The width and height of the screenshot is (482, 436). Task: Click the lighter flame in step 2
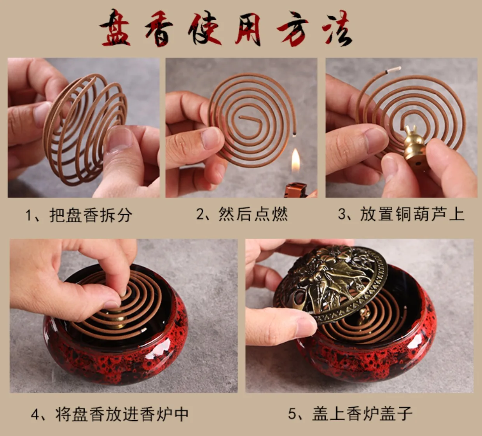click(296, 160)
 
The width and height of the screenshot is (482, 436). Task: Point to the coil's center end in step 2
click(240, 117)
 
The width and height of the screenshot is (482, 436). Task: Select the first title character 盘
click(115, 28)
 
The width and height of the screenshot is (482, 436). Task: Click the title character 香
click(159, 29)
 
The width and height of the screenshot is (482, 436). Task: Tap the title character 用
click(248, 29)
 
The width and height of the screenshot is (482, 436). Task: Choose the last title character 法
click(337, 28)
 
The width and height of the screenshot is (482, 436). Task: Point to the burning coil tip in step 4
click(145, 330)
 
